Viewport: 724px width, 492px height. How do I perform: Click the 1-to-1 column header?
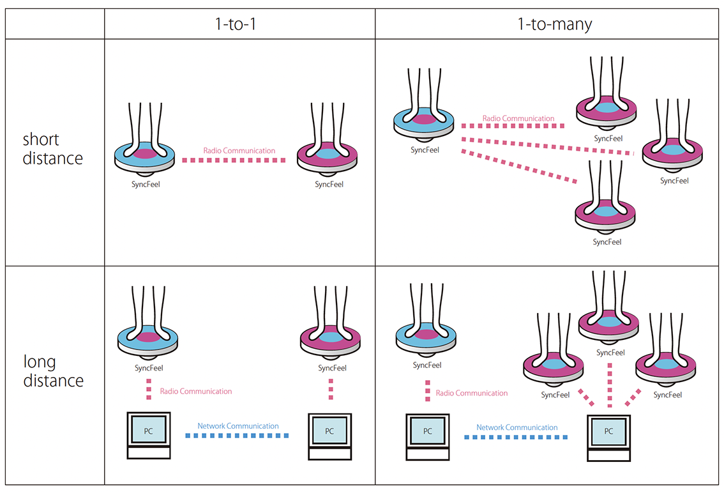(240, 24)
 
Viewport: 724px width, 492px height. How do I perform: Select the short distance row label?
(53, 149)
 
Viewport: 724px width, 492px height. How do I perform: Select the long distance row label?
(53, 371)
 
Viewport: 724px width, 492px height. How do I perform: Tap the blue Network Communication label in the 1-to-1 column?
(238, 426)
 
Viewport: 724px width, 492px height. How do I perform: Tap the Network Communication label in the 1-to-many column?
(517, 427)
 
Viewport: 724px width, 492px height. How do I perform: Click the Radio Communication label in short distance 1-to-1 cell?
(239, 151)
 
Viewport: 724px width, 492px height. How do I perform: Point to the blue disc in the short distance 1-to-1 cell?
(145, 155)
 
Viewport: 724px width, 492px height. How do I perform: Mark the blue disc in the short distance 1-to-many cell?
(422, 120)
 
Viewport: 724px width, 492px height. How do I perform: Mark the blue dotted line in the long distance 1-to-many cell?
(516, 437)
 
